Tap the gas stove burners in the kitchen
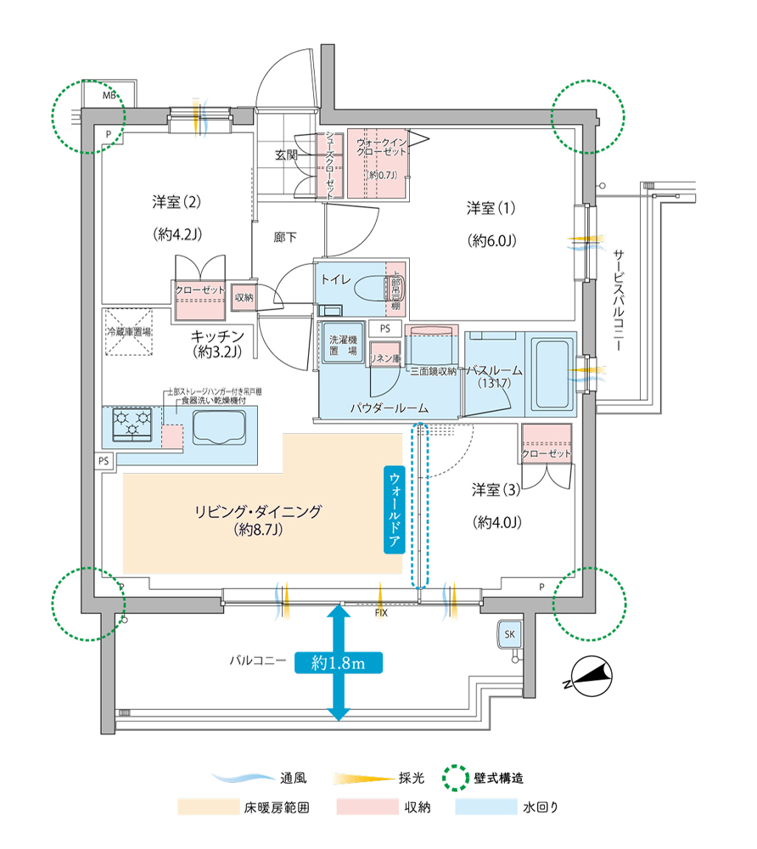(x=133, y=423)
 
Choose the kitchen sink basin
(x=219, y=426)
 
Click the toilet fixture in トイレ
(x=373, y=288)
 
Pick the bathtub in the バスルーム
(x=552, y=371)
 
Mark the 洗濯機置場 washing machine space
(x=343, y=344)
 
